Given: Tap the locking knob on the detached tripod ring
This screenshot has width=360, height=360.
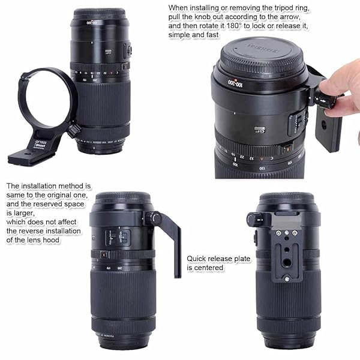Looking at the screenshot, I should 73,130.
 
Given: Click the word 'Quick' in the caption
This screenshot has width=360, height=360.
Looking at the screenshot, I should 196,258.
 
